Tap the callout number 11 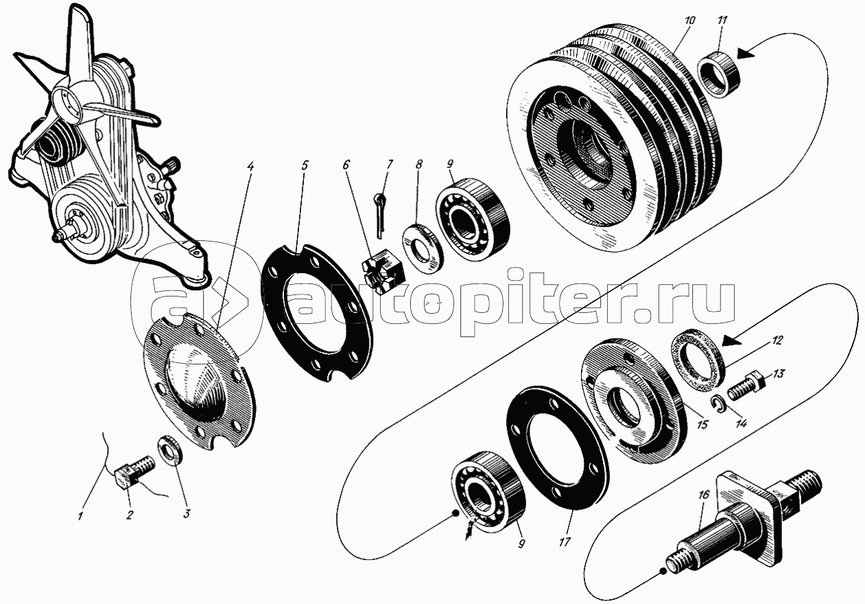[x=720, y=20]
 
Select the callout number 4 [x=250, y=167]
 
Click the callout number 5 [x=305, y=166]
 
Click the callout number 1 [x=80, y=516]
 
